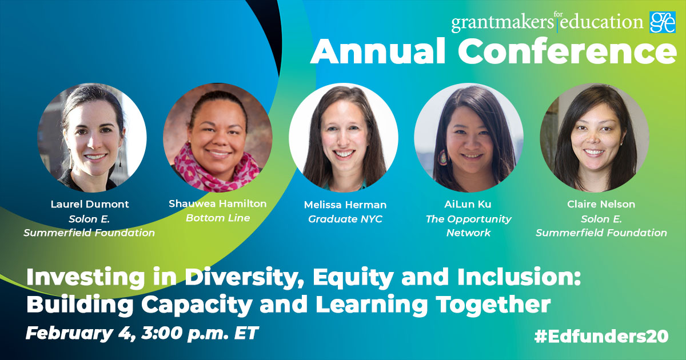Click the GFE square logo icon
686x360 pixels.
663,22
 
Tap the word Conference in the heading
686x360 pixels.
568,52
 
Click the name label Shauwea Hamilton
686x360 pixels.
218,204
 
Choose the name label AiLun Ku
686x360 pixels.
469,204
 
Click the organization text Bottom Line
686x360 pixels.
218,218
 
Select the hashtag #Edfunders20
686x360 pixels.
601,336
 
